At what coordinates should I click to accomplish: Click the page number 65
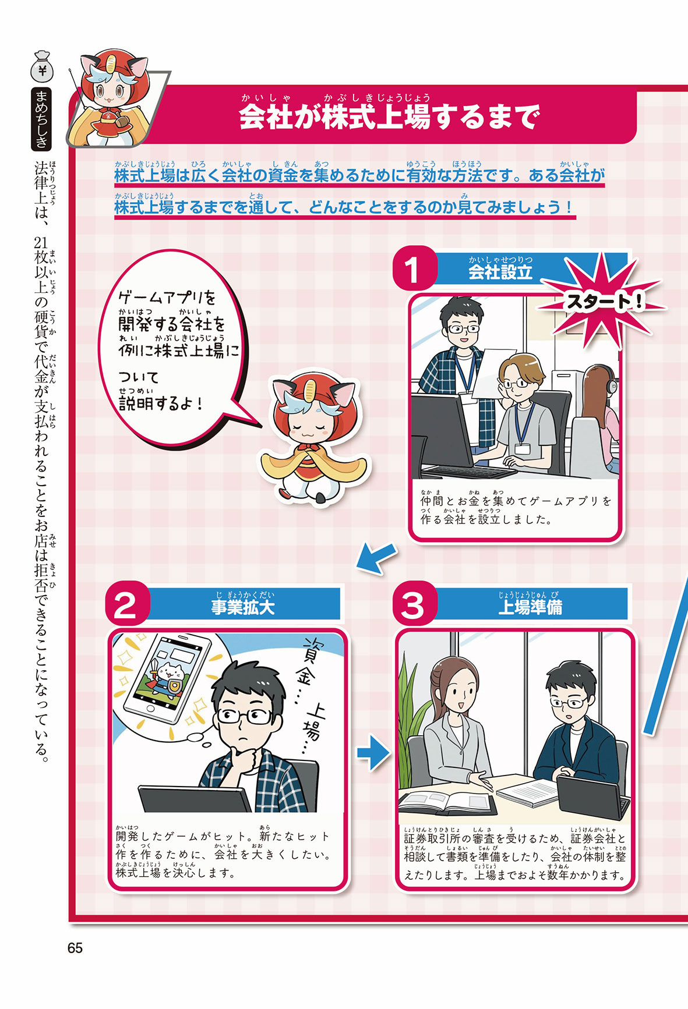(75, 948)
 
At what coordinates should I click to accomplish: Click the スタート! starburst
(603, 302)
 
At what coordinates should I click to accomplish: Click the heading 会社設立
(500, 272)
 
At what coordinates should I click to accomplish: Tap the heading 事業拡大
(243, 607)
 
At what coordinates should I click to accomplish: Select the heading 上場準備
(530, 607)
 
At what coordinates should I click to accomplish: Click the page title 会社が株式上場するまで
(389, 117)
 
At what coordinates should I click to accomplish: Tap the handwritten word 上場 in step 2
(312, 721)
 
